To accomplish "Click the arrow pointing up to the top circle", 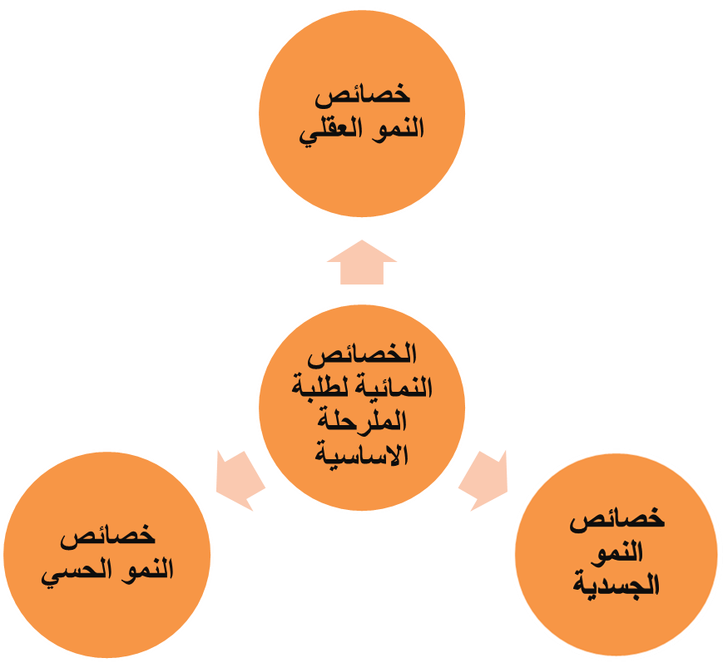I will click(362, 263).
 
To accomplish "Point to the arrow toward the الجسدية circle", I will click(484, 480).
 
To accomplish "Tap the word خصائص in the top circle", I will click(362, 96).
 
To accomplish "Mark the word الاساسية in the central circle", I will click(362, 455).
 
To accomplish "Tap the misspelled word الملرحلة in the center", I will click(362, 421).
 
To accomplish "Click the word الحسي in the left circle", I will click(72, 572).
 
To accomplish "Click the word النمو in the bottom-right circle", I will click(617, 552).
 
